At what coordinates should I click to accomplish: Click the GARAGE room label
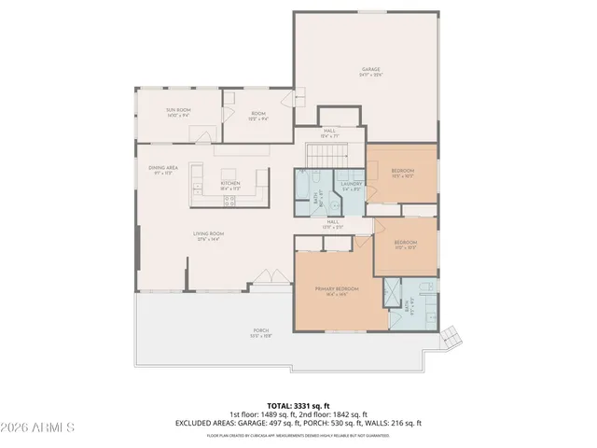point(371,70)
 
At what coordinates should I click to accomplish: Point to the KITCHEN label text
point(230,183)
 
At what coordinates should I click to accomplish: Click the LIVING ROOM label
point(209,234)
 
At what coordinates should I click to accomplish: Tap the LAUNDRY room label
point(351,184)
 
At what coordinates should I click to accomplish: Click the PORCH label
point(261,330)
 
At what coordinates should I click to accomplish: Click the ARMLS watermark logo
point(38,427)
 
